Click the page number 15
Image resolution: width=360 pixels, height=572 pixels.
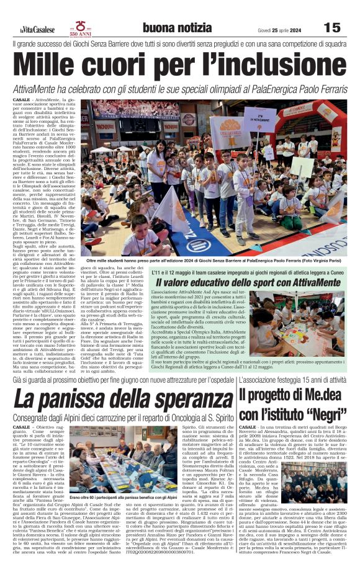[332, 28]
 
